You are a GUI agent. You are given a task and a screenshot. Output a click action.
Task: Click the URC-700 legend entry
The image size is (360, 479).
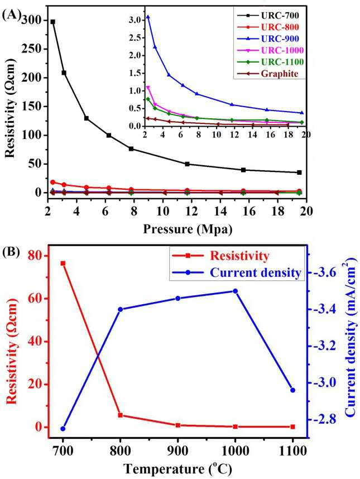click(x=268, y=15)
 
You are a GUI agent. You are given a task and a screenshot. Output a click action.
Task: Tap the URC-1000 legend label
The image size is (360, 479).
click(x=282, y=50)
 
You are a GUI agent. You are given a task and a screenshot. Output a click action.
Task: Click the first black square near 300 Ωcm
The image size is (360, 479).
click(x=53, y=22)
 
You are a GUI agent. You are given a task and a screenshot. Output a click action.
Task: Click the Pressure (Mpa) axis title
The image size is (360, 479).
click(x=188, y=229)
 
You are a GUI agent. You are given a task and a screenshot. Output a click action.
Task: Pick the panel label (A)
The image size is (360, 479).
click(x=12, y=14)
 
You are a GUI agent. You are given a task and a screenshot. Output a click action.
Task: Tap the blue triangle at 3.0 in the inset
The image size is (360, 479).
click(x=148, y=17)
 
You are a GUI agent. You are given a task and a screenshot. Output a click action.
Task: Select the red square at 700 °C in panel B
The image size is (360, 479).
click(x=63, y=264)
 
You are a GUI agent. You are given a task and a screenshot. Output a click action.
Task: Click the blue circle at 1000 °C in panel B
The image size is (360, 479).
click(x=235, y=291)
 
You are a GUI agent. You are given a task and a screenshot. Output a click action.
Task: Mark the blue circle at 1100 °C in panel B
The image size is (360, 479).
click(x=292, y=390)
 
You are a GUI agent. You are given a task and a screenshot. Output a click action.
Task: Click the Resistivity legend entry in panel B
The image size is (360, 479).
click(x=220, y=256)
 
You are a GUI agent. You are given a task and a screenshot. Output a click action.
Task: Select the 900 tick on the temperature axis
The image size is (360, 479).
click(x=177, y=451)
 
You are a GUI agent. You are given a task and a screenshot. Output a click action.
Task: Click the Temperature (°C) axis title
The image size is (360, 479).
click(x=177, y=468)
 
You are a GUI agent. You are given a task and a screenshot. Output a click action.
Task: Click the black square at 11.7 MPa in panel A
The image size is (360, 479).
click(x=187, y=164)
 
